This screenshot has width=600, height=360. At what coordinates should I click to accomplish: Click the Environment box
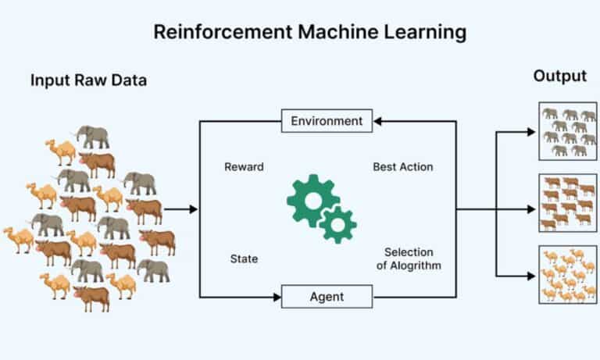tap(327, 121)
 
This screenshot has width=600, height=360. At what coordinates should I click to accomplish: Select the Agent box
tap(327, 297)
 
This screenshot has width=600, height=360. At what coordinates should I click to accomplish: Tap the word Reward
tap(244, 167)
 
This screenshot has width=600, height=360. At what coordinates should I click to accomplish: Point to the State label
tap(244, 258)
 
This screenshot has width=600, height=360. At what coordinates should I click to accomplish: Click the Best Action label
tap(402, 167)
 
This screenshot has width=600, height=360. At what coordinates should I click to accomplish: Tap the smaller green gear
tap(337, 224)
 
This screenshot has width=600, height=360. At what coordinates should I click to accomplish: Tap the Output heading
tap(559, 77)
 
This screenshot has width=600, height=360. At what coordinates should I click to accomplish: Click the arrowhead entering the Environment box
tap(377, 121)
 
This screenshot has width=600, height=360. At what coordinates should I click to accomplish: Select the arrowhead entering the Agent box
tap(277, 297)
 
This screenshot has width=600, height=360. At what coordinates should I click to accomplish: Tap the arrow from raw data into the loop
tap(181, 209)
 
